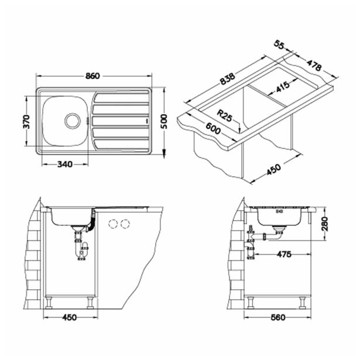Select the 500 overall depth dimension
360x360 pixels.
(x=164, y=120)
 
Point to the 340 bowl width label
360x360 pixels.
(x=64, y=164)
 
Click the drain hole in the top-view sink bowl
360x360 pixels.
(x=72, y=120)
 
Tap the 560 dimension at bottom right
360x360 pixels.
(x=277, y=318)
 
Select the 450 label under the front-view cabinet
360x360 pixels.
(x=70, y=318)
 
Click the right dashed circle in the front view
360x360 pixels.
(x=125, y=223)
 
